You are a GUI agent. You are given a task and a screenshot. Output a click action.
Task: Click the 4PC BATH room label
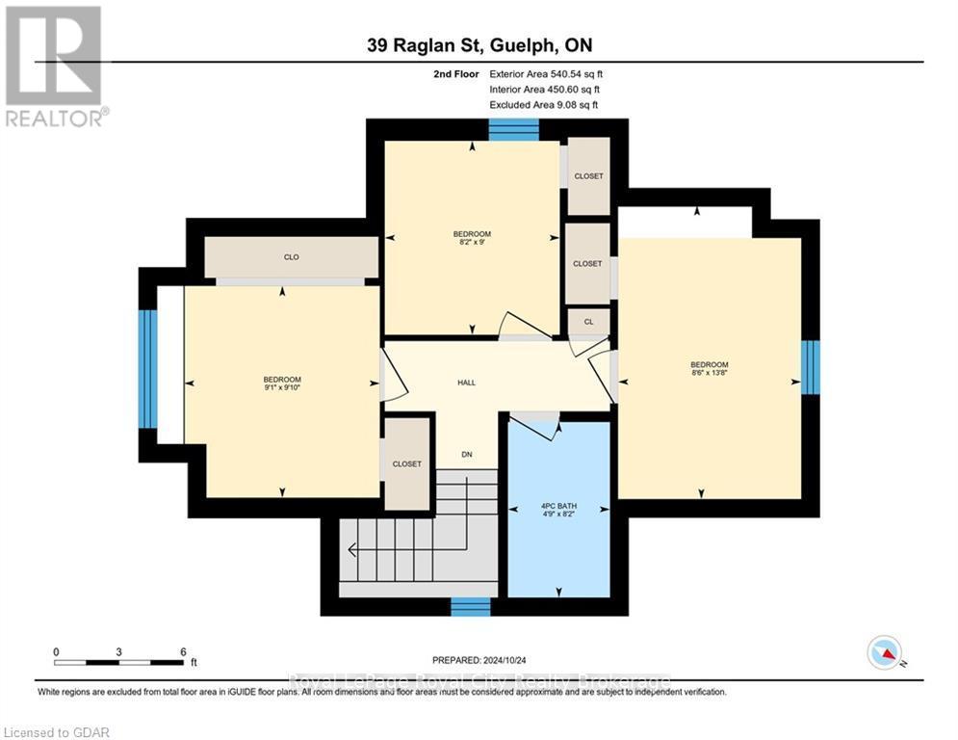[558, 506]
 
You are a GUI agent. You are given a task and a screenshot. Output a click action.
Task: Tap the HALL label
[466, 383]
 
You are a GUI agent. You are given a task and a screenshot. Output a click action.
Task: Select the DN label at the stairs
[466, 455]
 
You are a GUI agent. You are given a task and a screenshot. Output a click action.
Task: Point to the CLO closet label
[291, 257]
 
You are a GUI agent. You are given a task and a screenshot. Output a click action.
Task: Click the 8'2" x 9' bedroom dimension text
[472, 243]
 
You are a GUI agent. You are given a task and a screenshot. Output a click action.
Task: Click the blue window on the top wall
[513, 129]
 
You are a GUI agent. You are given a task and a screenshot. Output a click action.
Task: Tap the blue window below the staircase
[471, 606]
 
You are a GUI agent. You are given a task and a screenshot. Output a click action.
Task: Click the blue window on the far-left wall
[147, 368]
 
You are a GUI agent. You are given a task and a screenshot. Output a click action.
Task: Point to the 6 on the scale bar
[183, 651]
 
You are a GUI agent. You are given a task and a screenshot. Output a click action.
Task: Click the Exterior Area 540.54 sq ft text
[547, 73]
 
